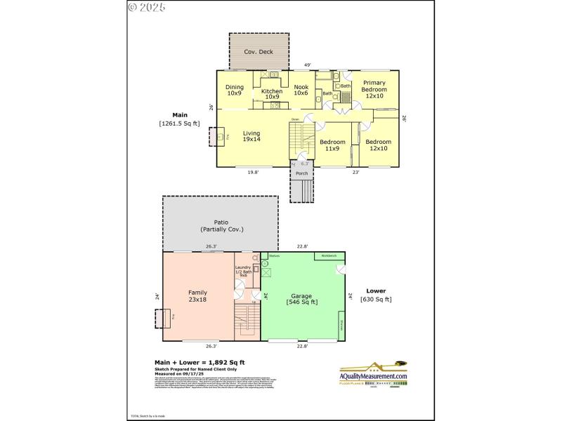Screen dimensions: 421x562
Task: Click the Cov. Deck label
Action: (259, 52)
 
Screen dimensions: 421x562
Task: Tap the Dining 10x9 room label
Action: (235, 91)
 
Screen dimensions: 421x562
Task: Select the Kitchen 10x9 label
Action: (272, 94)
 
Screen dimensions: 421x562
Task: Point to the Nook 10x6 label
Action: (301, 91)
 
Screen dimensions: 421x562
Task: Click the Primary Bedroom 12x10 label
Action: (374, 90)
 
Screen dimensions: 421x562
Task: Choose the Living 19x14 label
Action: (251, 136)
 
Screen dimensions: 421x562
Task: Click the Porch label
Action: (301, 173)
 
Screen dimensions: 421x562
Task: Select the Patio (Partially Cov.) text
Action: (220, 226)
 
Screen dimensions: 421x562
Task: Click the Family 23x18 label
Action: (197, 295)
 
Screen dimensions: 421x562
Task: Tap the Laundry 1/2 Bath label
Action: (243, 271)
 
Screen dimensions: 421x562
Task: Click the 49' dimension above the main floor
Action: (307, 65)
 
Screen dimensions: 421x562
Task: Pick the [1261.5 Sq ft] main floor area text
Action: (179, 123)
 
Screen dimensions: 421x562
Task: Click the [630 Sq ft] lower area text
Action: (376, 300)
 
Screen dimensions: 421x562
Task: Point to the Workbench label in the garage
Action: (329, 256)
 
